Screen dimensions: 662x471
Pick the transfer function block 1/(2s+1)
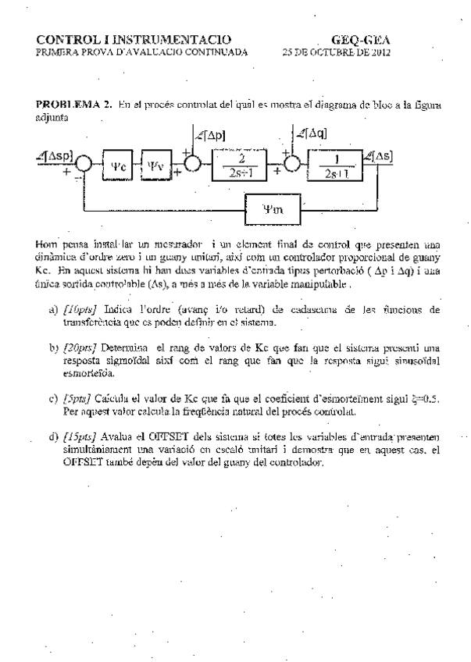pos(334,165)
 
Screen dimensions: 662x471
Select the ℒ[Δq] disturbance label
pos(310,134)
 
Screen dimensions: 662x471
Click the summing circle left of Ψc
pos(84,165)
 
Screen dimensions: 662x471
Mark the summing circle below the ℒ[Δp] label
pos(192,165)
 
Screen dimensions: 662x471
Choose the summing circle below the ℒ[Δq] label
pos(292,165)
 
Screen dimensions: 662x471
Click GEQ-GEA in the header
pos(361,40)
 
